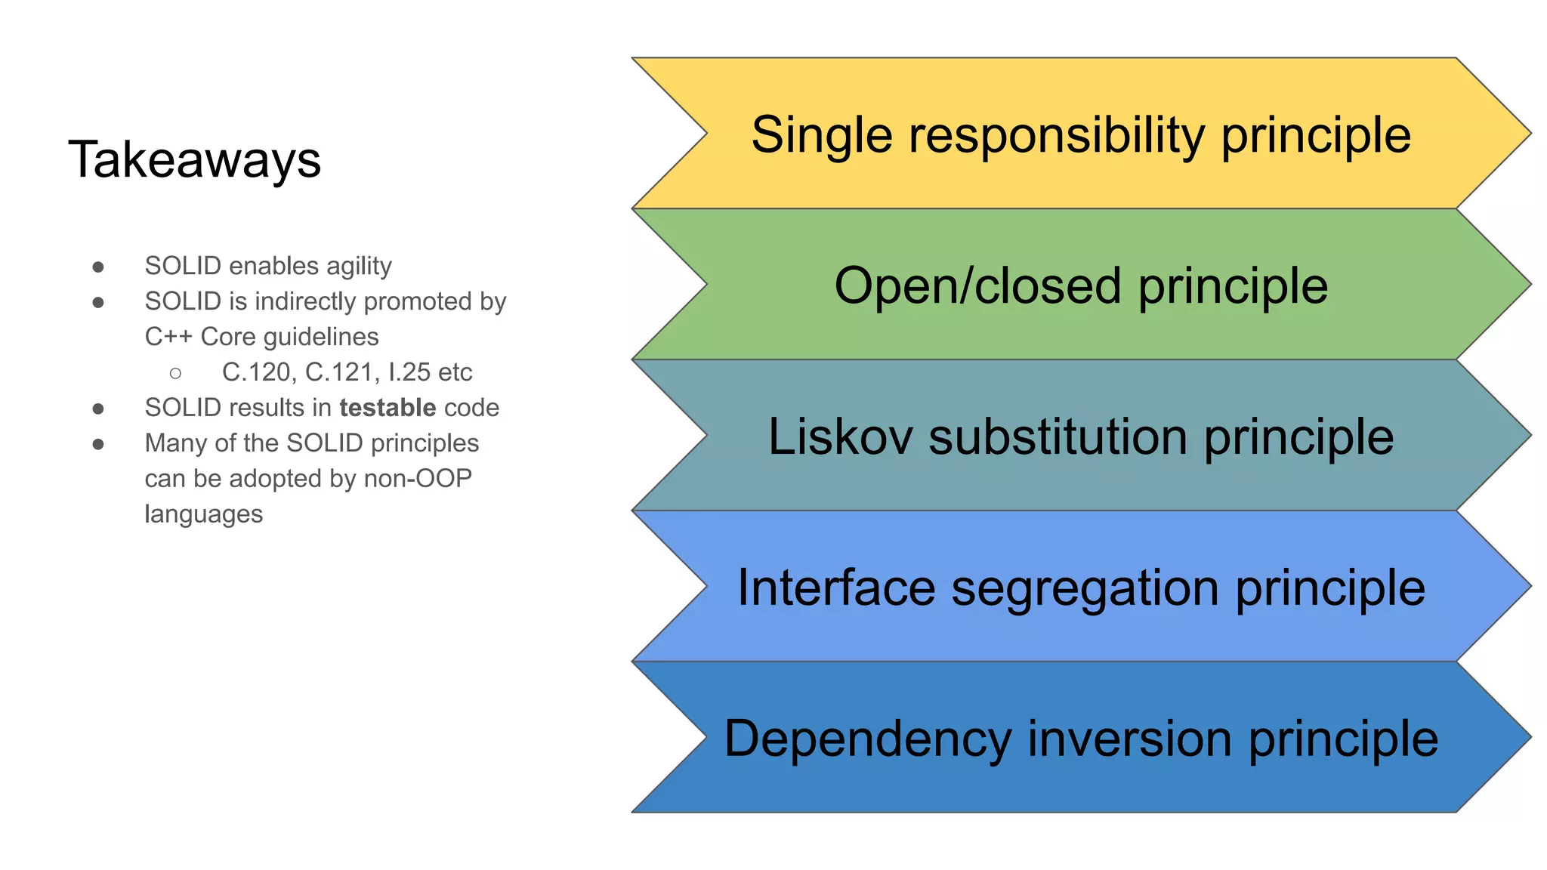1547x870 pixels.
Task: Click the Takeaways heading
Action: (194, 160)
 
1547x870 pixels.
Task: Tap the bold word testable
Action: (388, 408)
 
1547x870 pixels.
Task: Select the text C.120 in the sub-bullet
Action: (256, 372)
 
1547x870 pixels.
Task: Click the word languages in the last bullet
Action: (203, 514)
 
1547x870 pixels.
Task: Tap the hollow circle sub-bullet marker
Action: (176, 373)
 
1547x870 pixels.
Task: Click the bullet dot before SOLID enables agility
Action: (98, 267)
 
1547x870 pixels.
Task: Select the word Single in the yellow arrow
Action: (822, 136)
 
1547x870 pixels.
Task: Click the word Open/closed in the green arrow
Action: (977, 286)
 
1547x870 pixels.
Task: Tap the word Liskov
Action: (840, 437)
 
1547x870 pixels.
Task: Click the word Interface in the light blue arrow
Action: (835, 588)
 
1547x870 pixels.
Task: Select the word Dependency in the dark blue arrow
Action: (867, 739)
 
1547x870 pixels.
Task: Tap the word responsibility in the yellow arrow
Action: (1057, 136)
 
